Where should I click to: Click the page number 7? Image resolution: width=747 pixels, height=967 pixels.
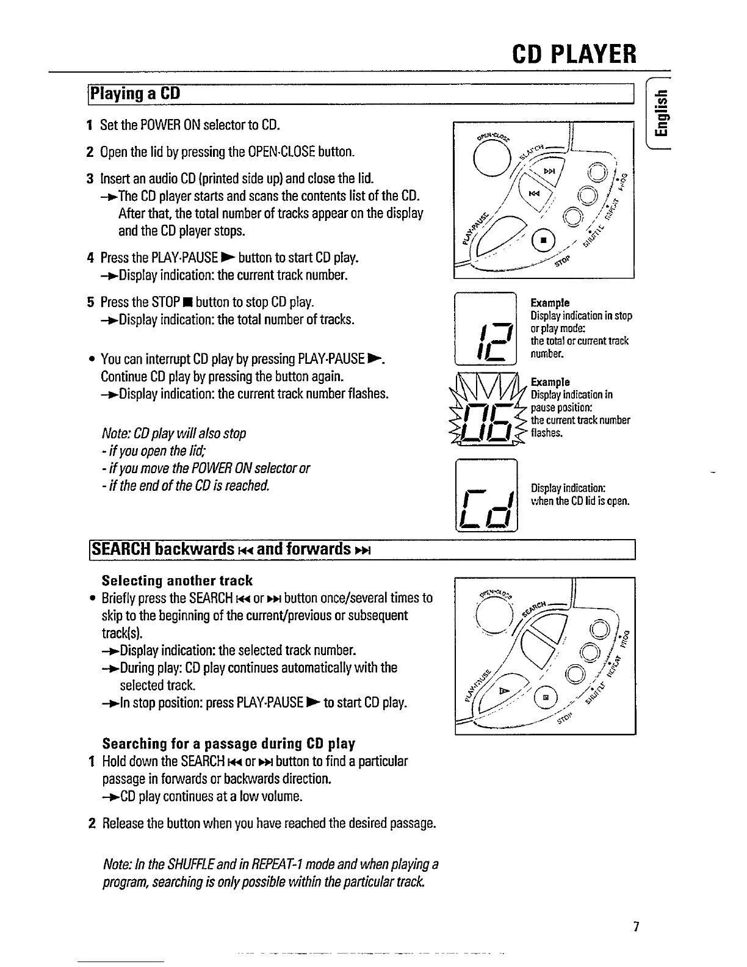coord(635,927)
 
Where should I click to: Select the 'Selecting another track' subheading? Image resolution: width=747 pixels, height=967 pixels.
coord(177,580)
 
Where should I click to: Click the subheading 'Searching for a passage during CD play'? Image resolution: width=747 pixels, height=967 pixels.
coord(228,744)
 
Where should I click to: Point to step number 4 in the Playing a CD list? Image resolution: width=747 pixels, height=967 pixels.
coord(90,258)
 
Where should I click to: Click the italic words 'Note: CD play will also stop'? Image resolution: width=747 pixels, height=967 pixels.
coord(175,433)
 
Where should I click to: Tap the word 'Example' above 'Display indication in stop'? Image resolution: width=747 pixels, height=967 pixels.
coord(550,303)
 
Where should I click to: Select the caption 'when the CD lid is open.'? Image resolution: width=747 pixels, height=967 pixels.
coord(580,502)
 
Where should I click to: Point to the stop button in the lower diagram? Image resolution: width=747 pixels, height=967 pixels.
coord(546,696)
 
